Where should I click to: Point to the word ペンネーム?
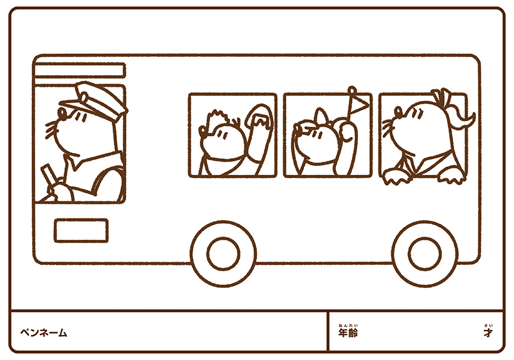point(44,333)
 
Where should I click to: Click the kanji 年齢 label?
point(348,333)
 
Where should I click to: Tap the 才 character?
point(488,333)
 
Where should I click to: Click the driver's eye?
point(62,113)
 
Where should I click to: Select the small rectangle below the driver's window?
point(81,231)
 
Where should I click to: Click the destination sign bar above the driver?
point(80,71)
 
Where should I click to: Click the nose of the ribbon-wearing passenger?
point(398,112)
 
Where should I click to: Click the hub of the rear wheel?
point(425,254)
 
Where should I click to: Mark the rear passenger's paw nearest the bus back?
point(452,175)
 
